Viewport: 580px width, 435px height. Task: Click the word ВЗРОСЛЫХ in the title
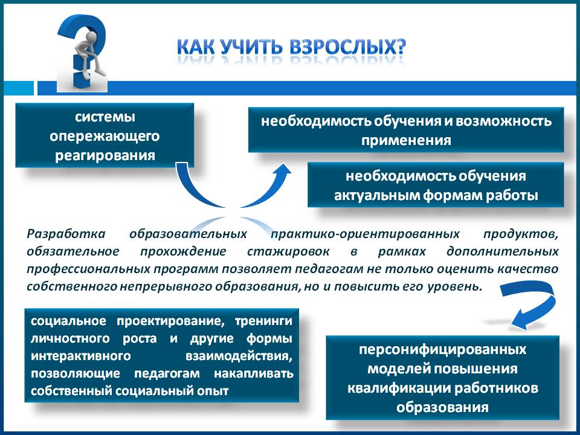(348, 47)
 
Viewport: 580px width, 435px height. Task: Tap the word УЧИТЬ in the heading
(252, 47)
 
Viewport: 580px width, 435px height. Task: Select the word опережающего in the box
(105, 136)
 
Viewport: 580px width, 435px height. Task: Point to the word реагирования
(105, 155)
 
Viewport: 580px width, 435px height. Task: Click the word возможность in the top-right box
(503, 121)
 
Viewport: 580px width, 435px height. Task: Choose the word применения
(406, 141)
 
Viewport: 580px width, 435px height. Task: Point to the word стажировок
(288, 251)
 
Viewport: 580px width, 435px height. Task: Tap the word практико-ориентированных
(365, 234)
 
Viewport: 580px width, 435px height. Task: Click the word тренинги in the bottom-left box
(263, 321)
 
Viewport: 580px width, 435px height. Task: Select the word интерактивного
(80, 356)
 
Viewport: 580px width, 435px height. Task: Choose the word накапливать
(254, 373)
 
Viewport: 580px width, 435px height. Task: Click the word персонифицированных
(442, 350)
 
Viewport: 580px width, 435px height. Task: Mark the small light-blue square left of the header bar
(17, 88)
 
